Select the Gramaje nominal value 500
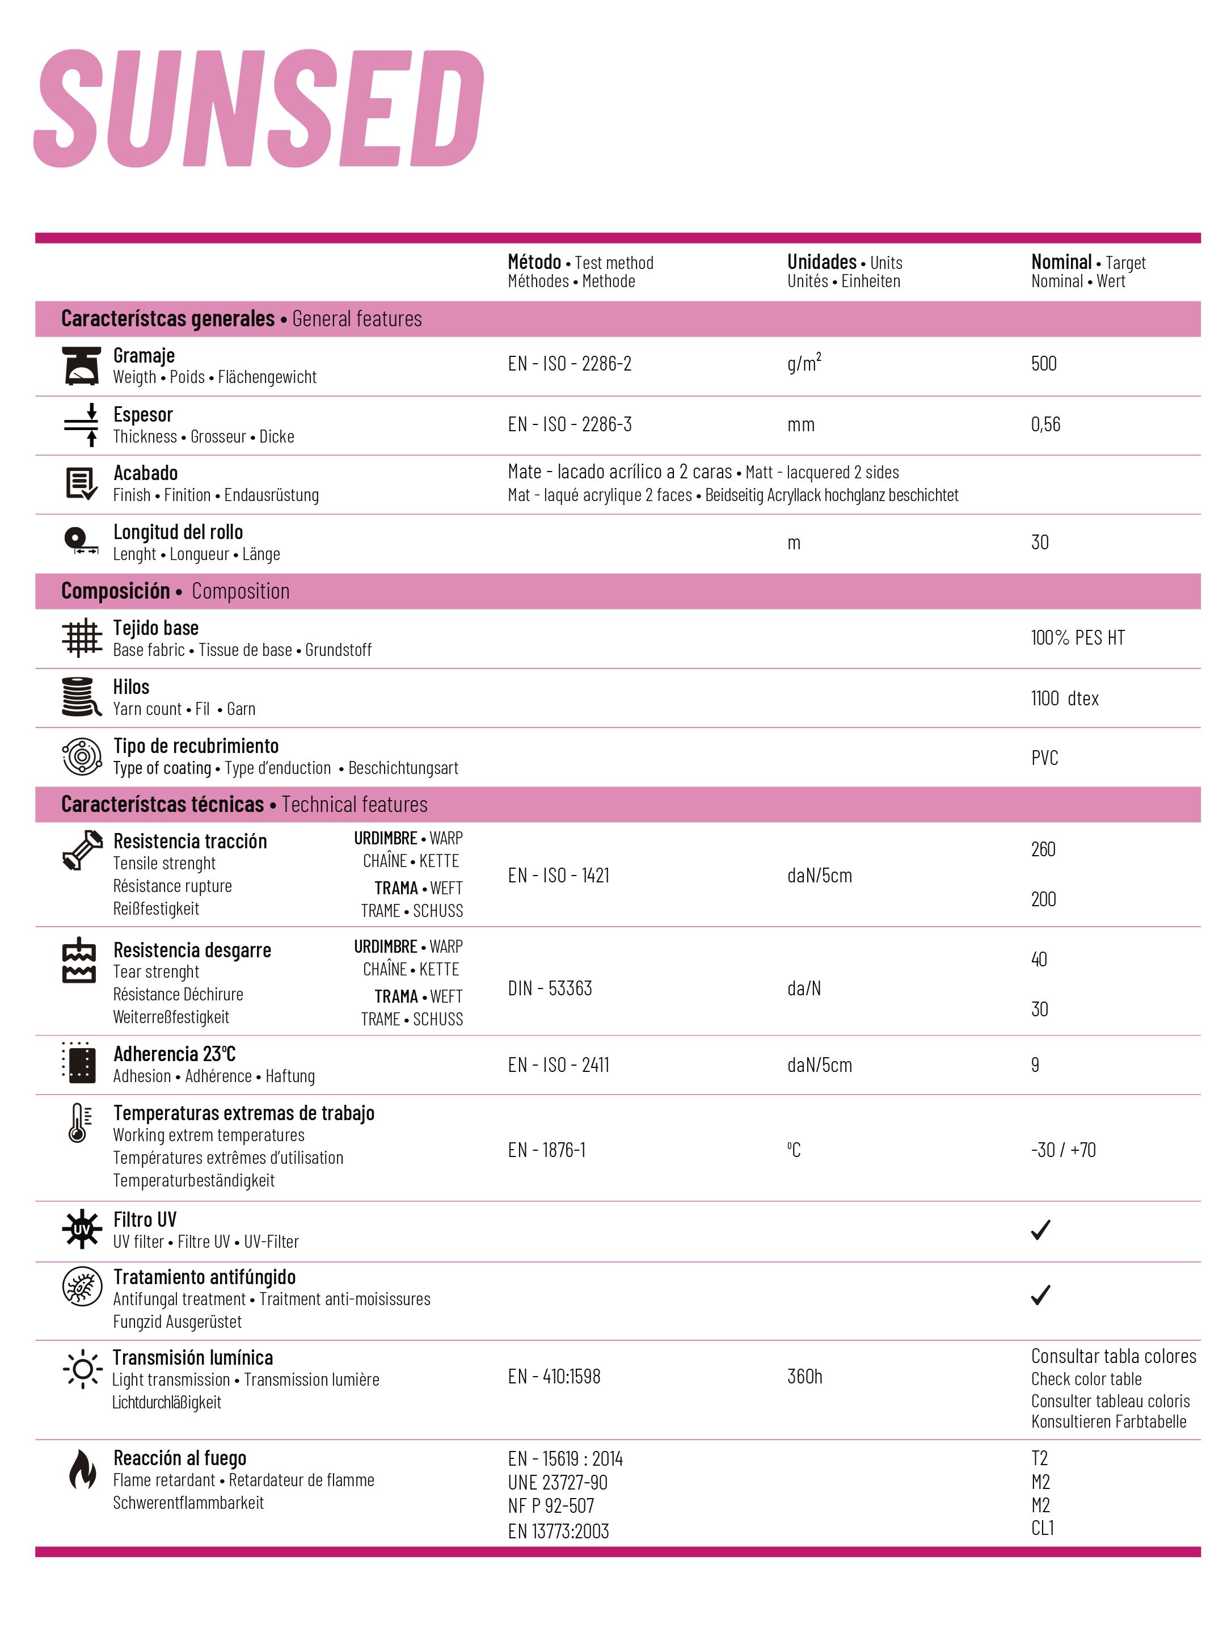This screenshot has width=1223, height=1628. coord(1043,364)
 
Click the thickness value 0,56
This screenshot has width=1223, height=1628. coord(1045,424)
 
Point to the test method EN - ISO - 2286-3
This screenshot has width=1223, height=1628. coord(569,424)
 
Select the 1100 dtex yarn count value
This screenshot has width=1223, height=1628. coord(1064,699)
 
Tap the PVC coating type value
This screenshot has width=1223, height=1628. coord(1044,758)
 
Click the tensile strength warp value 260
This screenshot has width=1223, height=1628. coord(1043,849)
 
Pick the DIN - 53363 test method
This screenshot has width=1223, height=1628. coord(549,988)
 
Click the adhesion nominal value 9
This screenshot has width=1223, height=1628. coord(1035,1065)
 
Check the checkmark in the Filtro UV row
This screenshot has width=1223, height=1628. coord(1040,1229)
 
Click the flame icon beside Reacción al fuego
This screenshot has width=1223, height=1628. coord(82,1469)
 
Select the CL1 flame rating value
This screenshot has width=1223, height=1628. coord(1042,1528)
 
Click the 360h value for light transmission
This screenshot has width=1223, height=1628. coord(804,1376)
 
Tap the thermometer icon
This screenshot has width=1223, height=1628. coord(79,1123)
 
